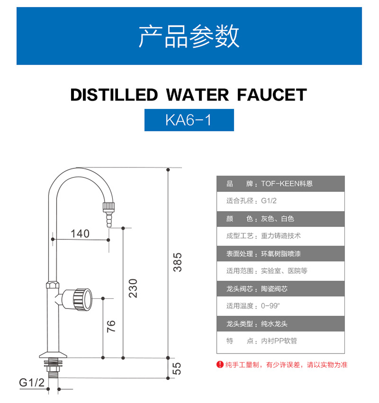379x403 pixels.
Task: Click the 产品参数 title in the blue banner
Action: [x=189, y=36]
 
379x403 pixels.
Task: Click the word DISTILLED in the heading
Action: [x=114, y=95]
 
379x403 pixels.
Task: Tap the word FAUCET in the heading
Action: [x=272, y=95]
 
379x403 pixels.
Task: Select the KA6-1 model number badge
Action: [x=189, y=120]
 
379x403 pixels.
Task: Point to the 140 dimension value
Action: [x=80, y=234]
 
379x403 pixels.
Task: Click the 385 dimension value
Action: [x=178, y=262]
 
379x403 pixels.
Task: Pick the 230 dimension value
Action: [x=133, y=288]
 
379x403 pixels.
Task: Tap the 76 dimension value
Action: [x=111, y=326]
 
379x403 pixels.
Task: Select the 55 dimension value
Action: [x=177, y=368]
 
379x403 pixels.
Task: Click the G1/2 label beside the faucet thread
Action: [x=32, y=382]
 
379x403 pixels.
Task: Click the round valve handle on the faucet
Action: [x=81, y=299]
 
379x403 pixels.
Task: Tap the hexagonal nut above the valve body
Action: [x=53, y=285]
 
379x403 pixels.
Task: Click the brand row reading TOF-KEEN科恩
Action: [x=281, y=184]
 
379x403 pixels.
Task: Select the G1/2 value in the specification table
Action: [x=269, y=201]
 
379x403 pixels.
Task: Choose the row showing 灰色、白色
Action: [x=281, y=219]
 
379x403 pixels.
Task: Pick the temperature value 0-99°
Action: [x=270, y=306]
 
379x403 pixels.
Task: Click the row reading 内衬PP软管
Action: [x=281, y=341]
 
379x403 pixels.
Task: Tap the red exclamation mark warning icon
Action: [x=220, y=365]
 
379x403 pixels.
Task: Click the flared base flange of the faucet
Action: [x=53, y=355]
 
